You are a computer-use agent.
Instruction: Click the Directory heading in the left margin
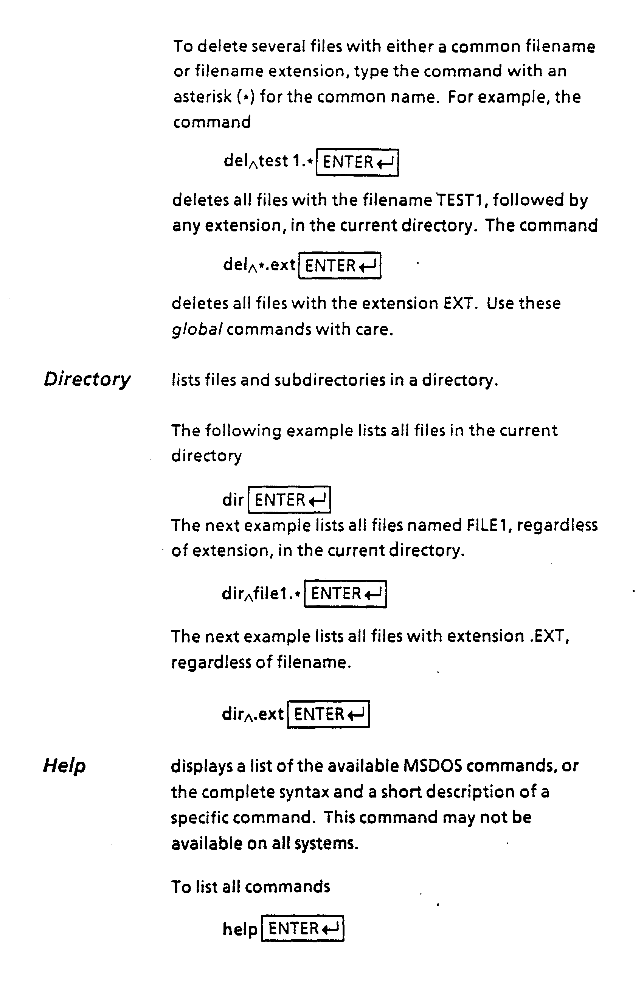[87, 379]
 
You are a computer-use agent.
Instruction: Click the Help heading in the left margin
[65, 765]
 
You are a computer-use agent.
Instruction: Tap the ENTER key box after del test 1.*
[357, 162]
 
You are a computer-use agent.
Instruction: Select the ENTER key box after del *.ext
[340, 265]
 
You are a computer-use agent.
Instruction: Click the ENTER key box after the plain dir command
[289, 499]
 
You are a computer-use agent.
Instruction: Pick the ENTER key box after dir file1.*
[345, 594]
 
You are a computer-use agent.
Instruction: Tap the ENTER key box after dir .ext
[328, 714]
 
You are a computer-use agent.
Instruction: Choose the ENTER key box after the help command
[303, 928]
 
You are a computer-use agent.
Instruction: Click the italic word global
[196, 329]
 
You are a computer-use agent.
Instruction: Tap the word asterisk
[202, 97]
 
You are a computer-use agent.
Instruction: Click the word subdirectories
[329, 380]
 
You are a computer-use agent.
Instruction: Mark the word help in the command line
[240, 929]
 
